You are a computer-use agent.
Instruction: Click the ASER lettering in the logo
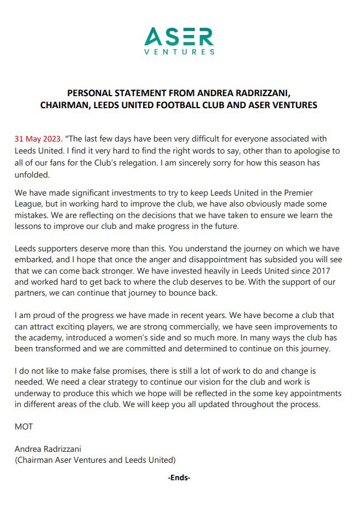point(179,37)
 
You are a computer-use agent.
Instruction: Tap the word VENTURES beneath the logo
point(179,52)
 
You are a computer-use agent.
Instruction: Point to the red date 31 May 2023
point(38,139)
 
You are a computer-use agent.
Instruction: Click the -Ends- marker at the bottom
point(179,477)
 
